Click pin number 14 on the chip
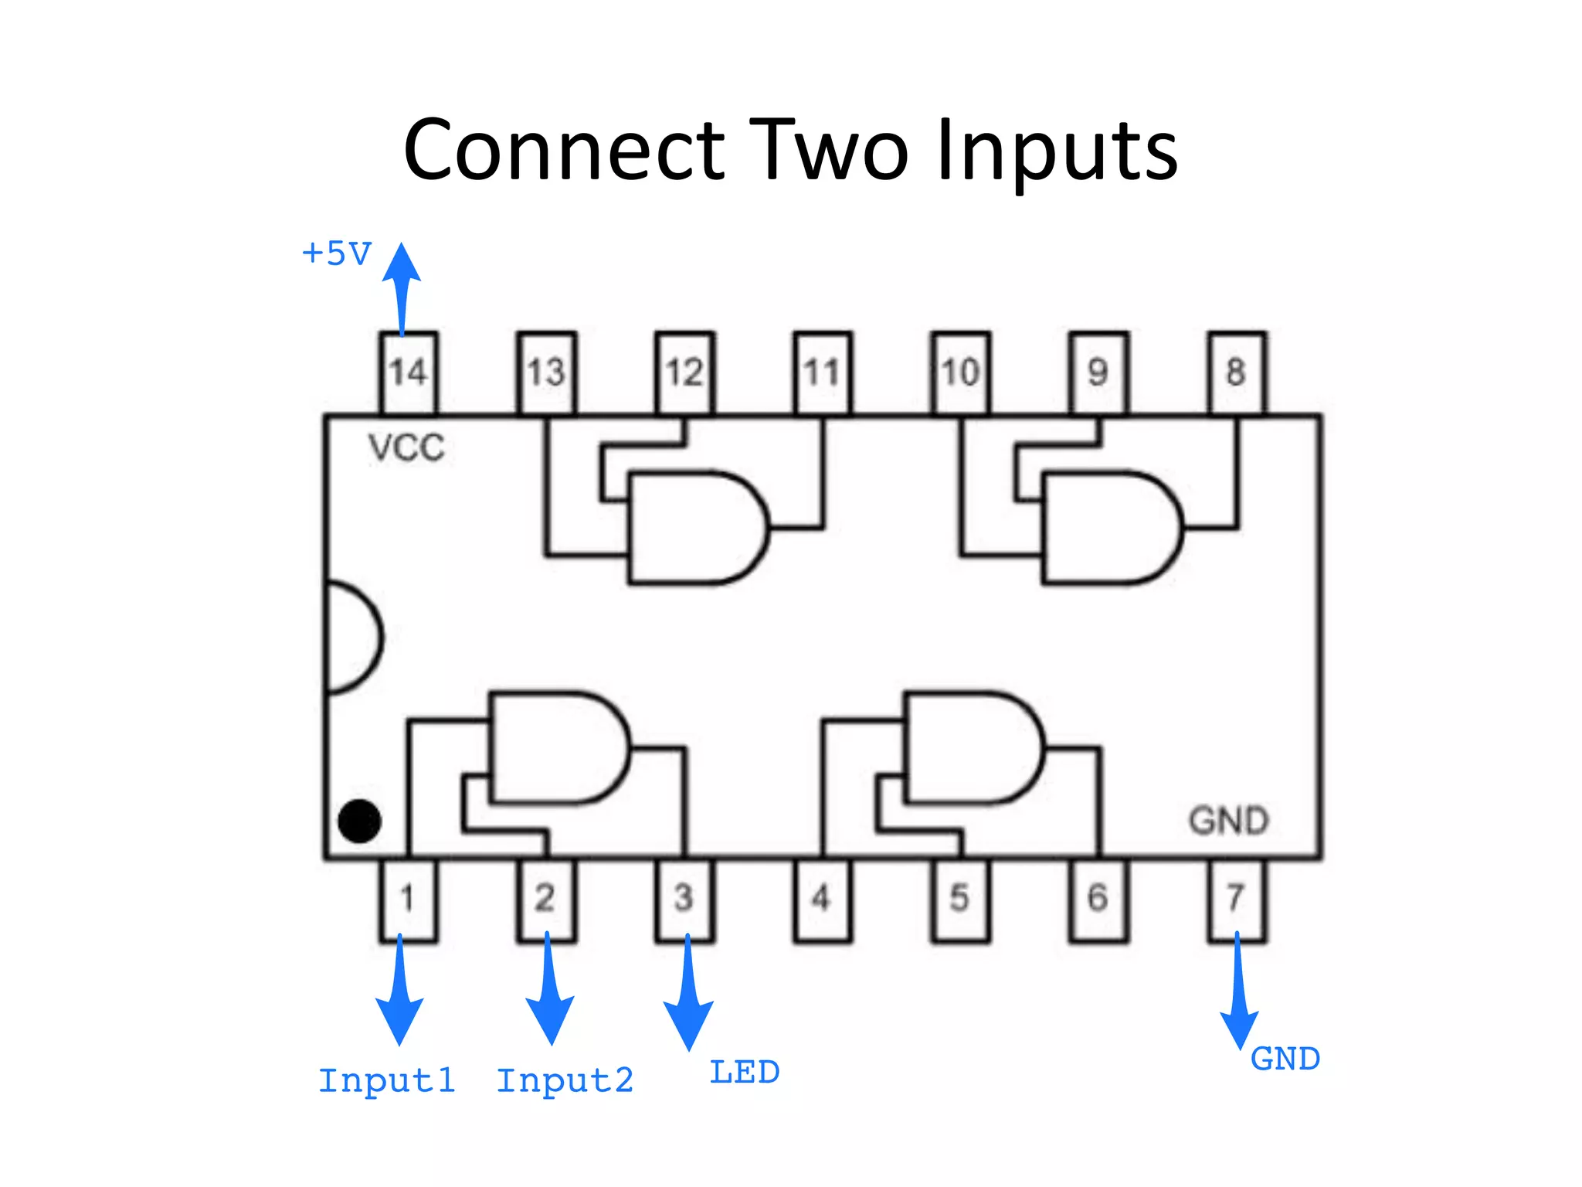click(408, 372)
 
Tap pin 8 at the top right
click(1236, 372)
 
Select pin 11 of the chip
click(822, 372)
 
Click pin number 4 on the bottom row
click(822, 899)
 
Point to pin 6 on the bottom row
click(1098, 899)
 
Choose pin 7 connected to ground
click(1236, 899)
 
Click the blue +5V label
click(337, 253)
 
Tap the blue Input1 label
click(386, 1080)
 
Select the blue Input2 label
click(565, 1080)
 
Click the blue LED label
click(745, 1073)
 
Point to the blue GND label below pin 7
click(1285, 1059)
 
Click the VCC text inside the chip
click(406, 448)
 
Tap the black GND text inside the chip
click(1228, 821)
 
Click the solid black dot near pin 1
click(359, 821)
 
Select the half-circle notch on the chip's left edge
click(351, 638)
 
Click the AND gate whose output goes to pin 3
click(556, 748)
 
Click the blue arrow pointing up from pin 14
click(402, 286)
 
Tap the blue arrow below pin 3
click(687, 997)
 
